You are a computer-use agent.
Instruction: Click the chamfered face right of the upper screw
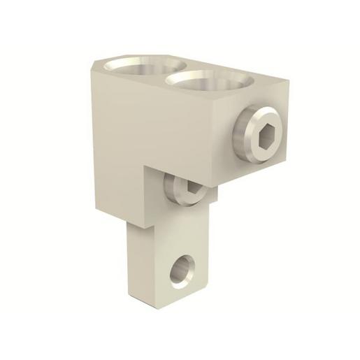[x=275, y=150]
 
